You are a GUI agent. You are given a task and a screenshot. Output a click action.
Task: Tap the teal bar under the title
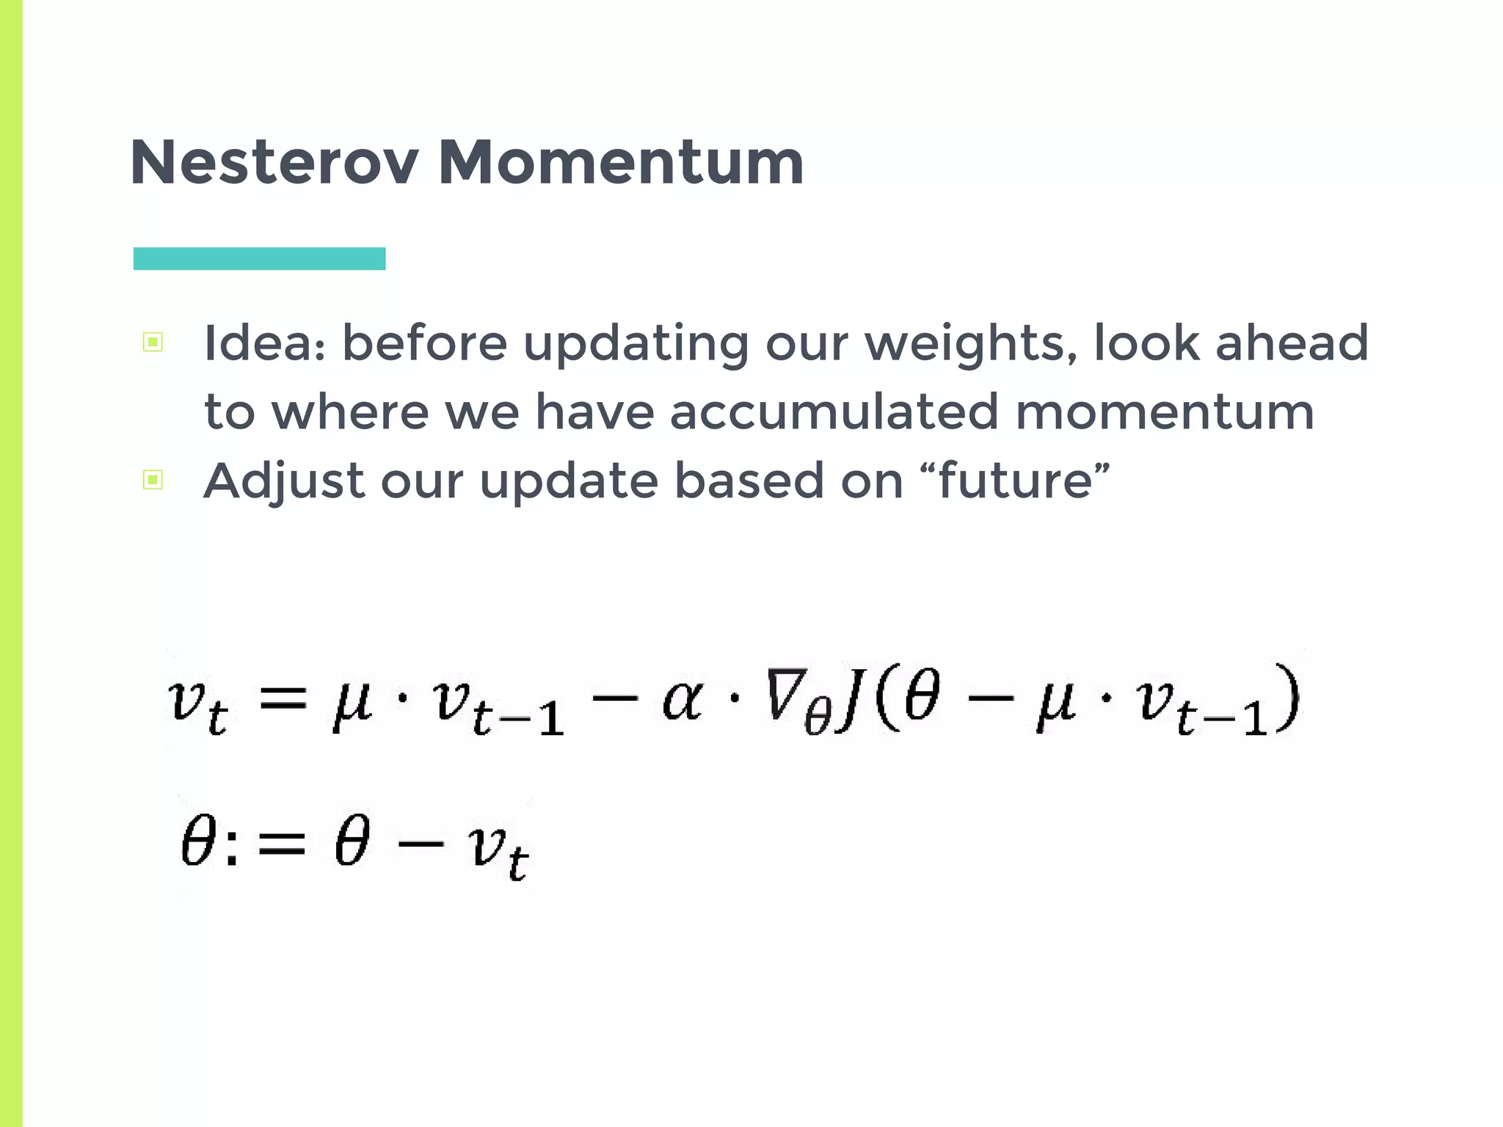[x=259, y=258]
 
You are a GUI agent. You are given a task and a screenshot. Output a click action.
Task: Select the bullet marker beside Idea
[x=153, y=342]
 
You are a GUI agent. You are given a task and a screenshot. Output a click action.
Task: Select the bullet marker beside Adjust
[x=153, y=480]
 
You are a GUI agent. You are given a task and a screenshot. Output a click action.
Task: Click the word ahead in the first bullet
[x=1292, y=343]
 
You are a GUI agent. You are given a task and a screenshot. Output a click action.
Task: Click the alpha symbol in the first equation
[x=682, y=699]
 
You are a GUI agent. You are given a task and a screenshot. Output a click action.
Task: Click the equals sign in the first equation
[x=283, y=697]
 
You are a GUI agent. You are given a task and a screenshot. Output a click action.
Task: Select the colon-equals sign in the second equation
[x=267, y=844]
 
